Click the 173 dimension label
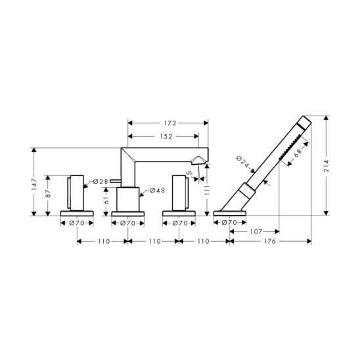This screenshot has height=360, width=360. pyautogui.click(x=169, y=124)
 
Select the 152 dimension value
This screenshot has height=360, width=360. pyautogui.click(x=166, y=137)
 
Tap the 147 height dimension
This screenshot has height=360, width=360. pyautogui.click(x=34, y=185)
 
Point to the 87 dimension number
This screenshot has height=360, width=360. pyautogui.click(x=48, y=193)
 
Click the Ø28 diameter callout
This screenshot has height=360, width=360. pyautogui.click(x=101, y=181)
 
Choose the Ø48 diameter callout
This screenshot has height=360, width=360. pyautogui.click(x=158, y=191)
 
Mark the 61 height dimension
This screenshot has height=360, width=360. pyautogui.click(x=106, y=200)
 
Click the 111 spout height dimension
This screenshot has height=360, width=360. pyautogui.click(x=207, y=190)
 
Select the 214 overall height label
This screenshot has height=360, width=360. pyautogui.click(x=326, y=166)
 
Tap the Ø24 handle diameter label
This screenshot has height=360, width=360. pyautogui.click(x=242, y=162)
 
